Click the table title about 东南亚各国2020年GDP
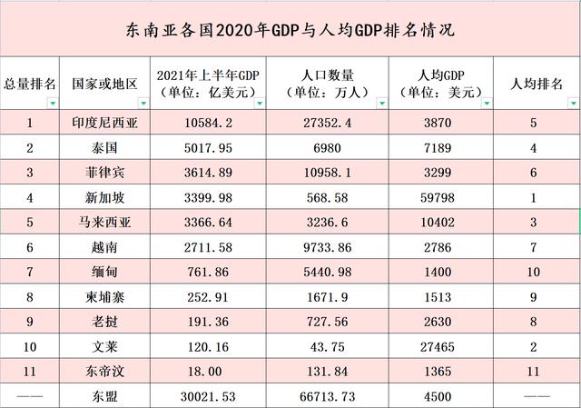[290, 29]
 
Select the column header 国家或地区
[104, 84]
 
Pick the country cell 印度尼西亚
[104, 122]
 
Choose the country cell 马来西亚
[104, 220]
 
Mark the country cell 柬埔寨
[104, 295]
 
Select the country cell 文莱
[104, 344]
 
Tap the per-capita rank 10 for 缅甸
[534, 271]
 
